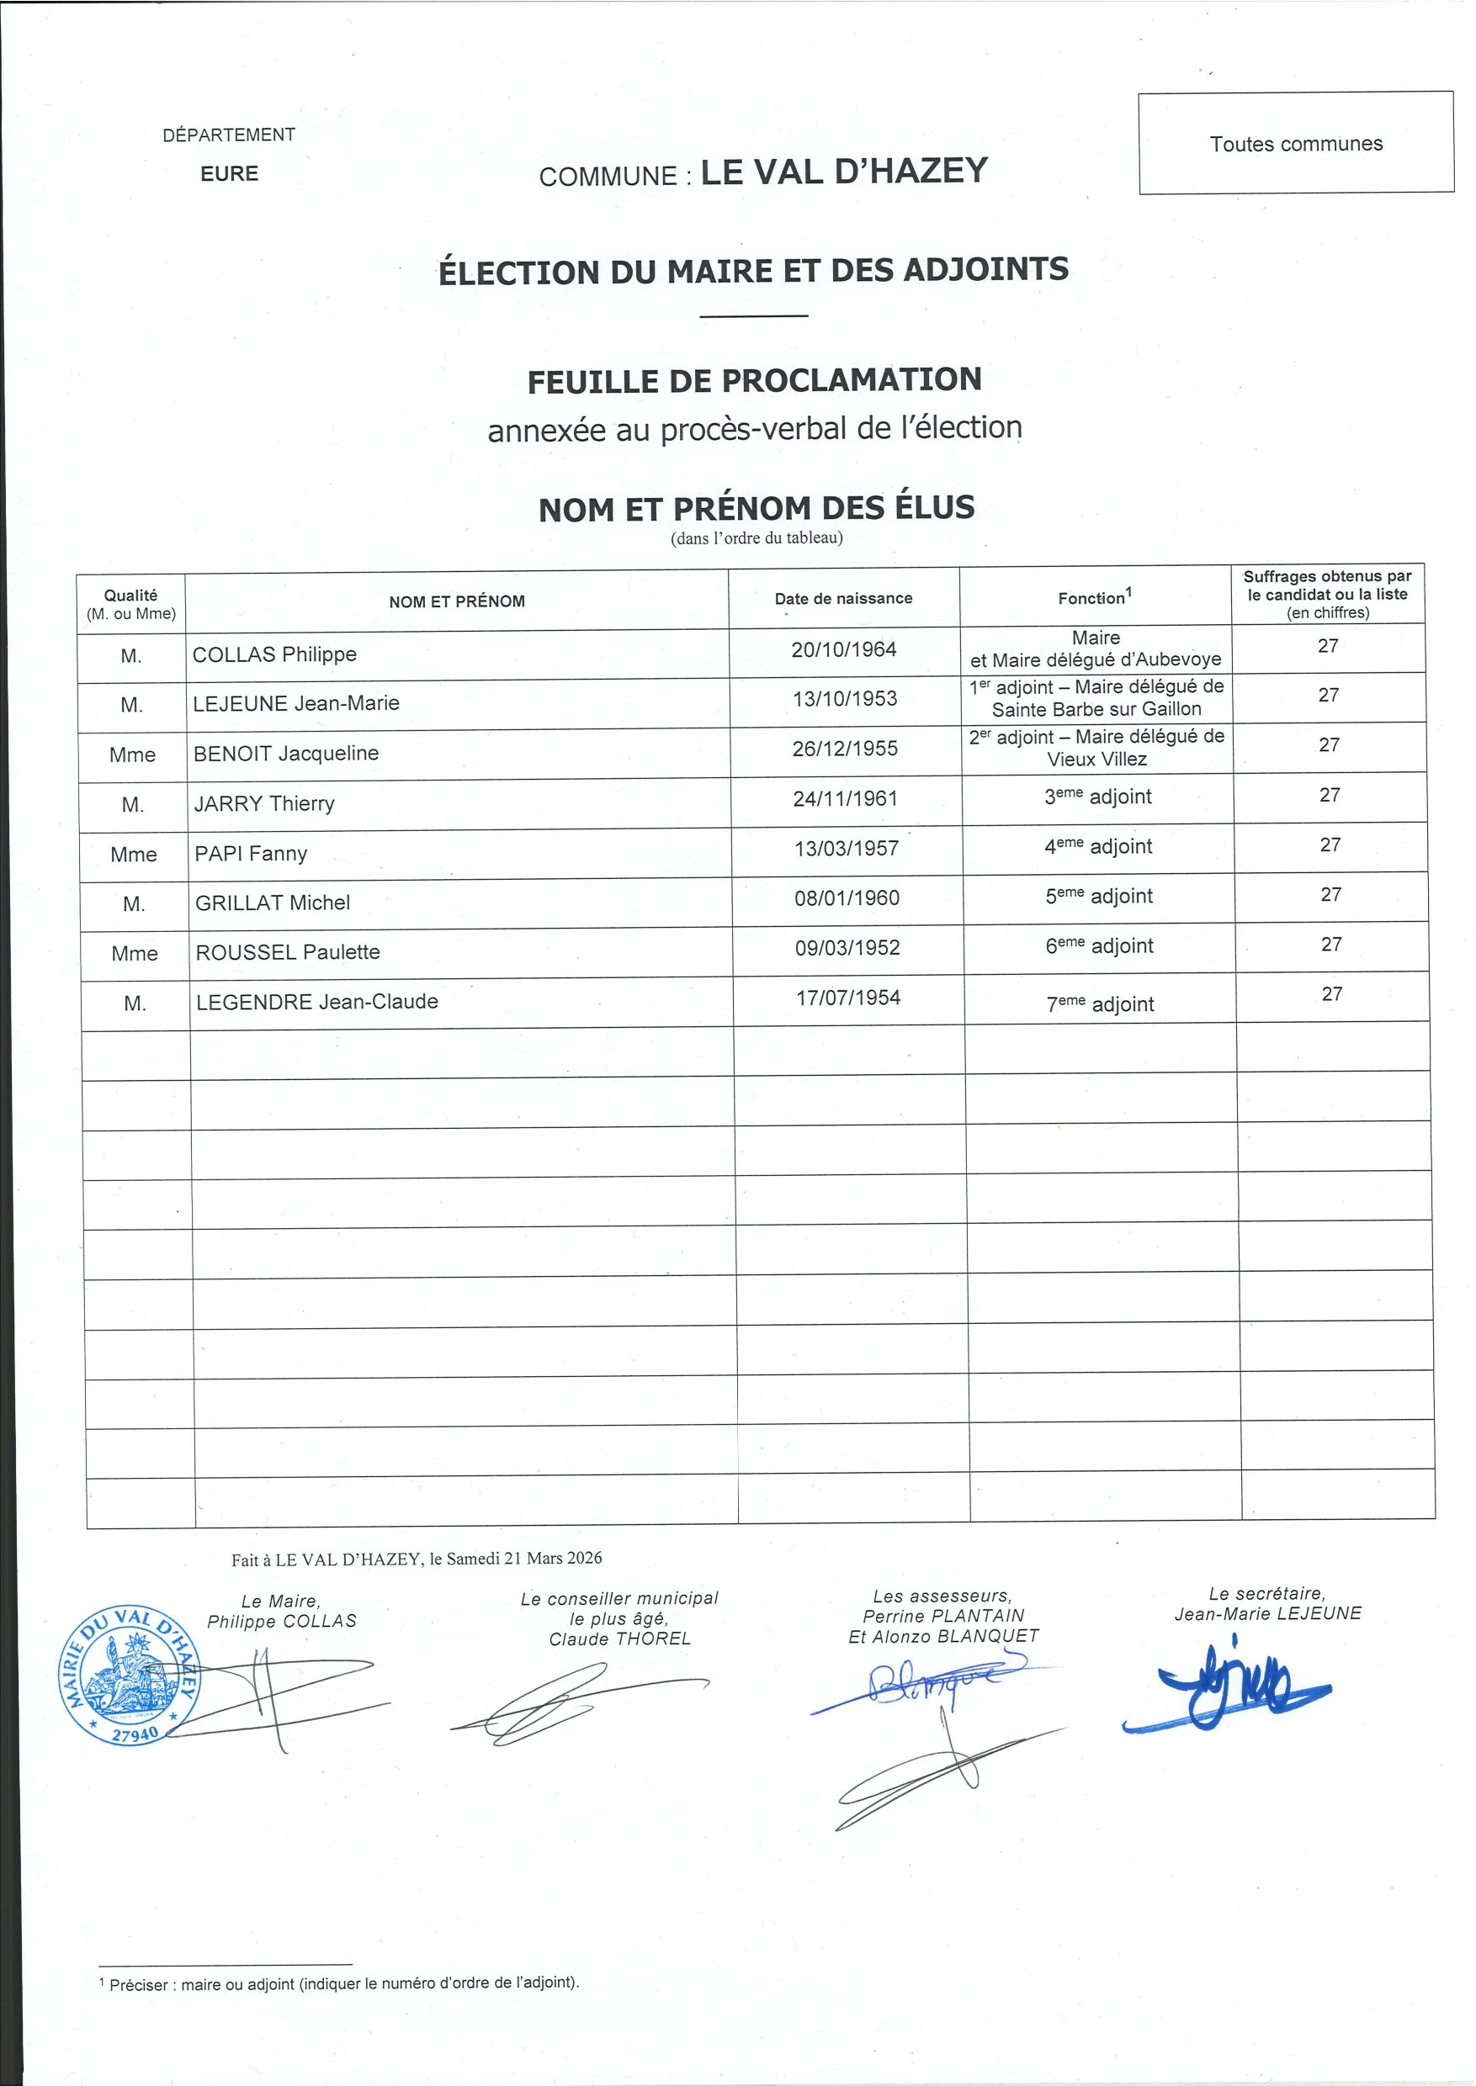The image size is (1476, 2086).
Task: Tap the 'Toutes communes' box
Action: point(1295,144)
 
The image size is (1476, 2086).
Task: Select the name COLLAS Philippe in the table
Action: point(274,654)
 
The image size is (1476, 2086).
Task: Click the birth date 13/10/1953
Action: point(844,699)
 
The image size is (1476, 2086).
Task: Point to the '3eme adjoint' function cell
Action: point(1097,797)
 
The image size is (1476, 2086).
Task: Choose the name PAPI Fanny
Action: point(251,853)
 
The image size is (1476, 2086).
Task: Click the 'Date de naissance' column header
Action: point(843,598)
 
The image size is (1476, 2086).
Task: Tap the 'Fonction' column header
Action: point(1094,597)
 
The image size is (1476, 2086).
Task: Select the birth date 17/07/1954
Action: point(848,998)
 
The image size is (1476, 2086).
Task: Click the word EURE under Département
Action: point(229,173)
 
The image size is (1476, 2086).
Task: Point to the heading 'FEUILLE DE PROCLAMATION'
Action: point(754,379)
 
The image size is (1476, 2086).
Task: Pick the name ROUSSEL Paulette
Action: point(288,952)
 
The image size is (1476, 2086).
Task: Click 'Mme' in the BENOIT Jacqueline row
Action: point(133,754)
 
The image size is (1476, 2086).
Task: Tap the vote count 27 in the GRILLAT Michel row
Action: point(1330,895)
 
